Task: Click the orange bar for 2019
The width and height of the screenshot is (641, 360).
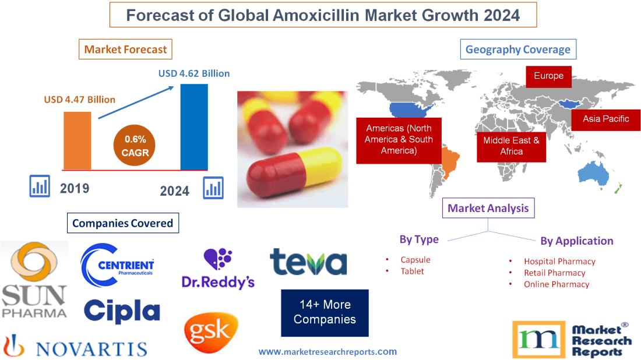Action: [x=77, y=140]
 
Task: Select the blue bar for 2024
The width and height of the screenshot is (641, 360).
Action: [x=194, y=127]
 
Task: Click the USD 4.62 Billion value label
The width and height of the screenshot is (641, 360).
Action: [x=194, y=73]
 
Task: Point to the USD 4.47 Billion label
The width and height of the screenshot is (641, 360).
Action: [x=80, y=100]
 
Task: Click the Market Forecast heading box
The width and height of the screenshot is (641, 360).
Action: [x=126, y=50]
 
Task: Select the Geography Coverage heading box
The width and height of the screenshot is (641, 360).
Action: [x=518, y=50]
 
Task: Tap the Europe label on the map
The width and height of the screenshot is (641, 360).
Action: [x=548, y=76]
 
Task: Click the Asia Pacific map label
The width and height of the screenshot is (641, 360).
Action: [x=606, y=119]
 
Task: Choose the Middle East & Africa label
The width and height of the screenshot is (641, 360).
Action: [x=511, y=146]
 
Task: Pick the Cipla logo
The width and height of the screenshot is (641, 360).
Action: [x=122, y=312]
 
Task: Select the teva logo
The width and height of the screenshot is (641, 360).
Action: [x=308, y=262]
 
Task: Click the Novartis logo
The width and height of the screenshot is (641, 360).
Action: [x=75, y=347]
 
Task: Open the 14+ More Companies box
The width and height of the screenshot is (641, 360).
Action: [x=325, y=312]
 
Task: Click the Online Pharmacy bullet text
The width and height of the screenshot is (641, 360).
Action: [x=556, y=284]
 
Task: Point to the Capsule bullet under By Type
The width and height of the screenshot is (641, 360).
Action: [x=415, y=260]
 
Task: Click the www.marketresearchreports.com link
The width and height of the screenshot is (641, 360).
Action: [x=327, y=351]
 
